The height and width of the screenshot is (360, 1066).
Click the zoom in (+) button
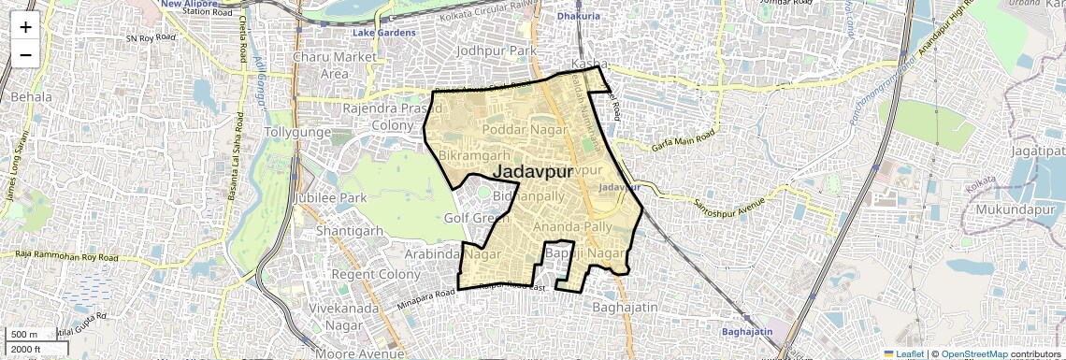point(25,26)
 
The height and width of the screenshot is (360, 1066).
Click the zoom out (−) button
point(25,54)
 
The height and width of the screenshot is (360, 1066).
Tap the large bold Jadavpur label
point(532,171)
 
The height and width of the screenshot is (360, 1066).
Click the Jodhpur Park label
point(496,49)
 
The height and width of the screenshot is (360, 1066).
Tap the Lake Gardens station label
point(382,34)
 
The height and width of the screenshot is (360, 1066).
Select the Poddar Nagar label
point(525,129)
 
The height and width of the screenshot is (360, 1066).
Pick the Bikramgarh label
point(474,154)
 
